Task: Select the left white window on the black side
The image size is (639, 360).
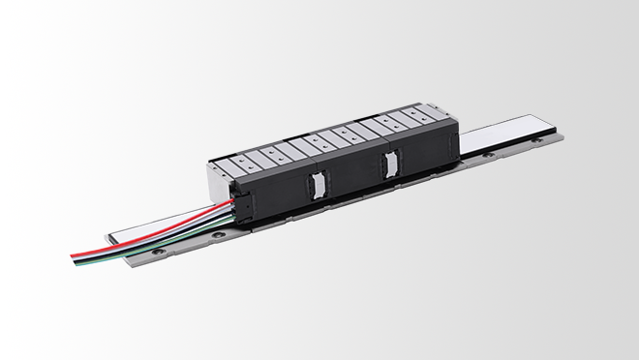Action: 314,185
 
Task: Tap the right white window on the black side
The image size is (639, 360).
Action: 390,165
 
